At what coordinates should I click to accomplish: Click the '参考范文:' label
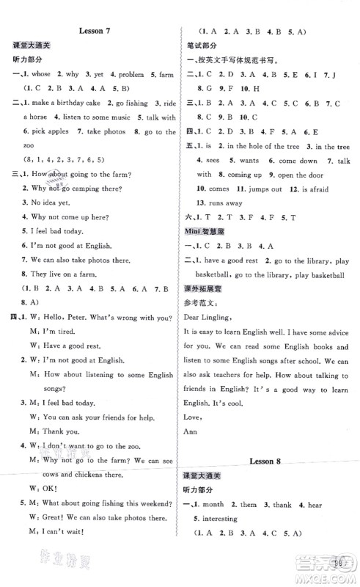(202, 302)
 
